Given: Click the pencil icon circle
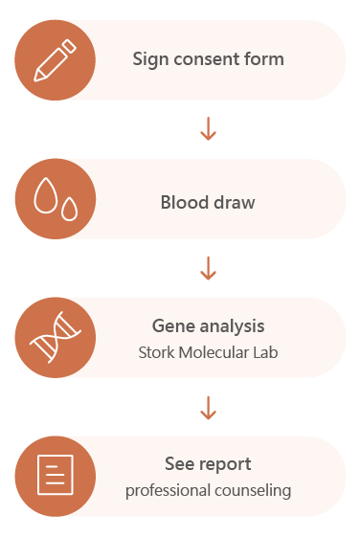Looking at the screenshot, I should coord(55,59).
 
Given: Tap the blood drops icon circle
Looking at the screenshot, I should coord(55,198).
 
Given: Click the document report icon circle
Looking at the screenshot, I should coord(55,476).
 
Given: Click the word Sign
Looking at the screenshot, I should coord(148,59).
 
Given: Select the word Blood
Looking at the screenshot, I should coord(182,203).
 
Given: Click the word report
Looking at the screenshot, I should coord(227,465).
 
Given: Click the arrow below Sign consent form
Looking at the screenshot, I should coord(208,129).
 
